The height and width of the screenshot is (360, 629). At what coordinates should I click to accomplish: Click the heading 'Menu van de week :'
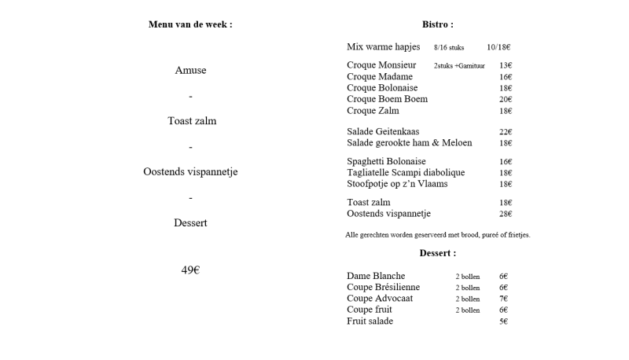pyautogui.click(x=190, y=24)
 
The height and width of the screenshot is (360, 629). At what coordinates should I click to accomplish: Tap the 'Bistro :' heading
pyautogui.click(x=438, y=24)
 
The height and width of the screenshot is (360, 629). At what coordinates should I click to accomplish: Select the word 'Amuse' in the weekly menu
pyautogui.click(x=190, y=71)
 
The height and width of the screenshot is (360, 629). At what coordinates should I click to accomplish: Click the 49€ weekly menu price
pyautogui.click(x=190, y=270)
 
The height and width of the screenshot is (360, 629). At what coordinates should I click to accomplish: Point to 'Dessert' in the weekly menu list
pyautogui.click(x=190, y=223)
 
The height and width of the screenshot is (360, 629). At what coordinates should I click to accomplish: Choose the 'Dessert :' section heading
pyautogui.click(x=438, y=253)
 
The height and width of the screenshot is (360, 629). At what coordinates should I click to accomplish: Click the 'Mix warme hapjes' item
pyautogui.click(x=383, y=47)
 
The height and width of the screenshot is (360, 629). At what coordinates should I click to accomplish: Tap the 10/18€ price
pyautogui.click(x=498, y=47)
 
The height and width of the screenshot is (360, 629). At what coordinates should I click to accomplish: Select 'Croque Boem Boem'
pyautogui.click(x=387, y=100)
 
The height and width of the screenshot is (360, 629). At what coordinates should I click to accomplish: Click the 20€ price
pyautogui.click(x=505, y=100)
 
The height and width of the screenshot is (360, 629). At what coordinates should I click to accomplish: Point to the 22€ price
pyautogui.click(x=505, y=132)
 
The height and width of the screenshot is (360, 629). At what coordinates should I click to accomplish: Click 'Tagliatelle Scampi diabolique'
pyautogui.click(x=406, y=173)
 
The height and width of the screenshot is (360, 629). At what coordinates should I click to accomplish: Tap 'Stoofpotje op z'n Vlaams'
pyautogui.click(x=397, y=184)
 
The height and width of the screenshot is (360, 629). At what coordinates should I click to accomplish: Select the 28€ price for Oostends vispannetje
pyautogui.click(x=505, y=214)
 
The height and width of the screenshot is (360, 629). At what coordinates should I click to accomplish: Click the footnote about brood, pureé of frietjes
pyautogui.click(x=437, y=235)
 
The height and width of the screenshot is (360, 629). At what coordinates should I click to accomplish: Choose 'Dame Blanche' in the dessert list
pyautogui.click(x=376, y=277)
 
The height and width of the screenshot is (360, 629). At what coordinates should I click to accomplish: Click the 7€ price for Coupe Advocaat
pyautogui.click(x=503, y=299)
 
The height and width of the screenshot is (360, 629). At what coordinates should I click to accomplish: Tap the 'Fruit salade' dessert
pyautogui.click(x=370, y=321)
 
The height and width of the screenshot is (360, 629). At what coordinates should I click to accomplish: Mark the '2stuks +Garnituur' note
pyautogui.click(x=459, y=66)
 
